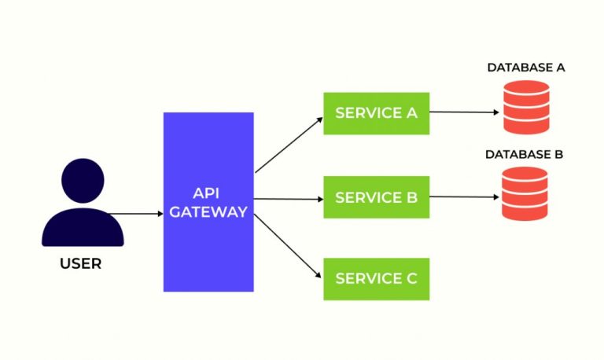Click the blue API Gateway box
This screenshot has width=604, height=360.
(x=208, y=244)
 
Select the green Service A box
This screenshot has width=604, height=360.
(x=376, y=113)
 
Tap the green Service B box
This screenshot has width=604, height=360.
(x=376, y=197)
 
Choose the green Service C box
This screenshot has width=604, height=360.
(x=376, y=278)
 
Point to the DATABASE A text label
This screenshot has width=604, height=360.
(x=525, y=68)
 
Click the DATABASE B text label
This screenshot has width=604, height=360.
(x=524, y=154)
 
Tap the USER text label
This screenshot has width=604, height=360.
(x=81, y=264)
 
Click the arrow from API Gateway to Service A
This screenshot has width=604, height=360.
(x=289, y=145)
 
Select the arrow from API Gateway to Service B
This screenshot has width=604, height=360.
(x=289, y=199)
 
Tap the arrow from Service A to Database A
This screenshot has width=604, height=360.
(x=464, y=112)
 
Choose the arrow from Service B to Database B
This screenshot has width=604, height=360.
(x=464, y=197)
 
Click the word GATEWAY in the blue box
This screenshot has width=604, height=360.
(x=208, y=211)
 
